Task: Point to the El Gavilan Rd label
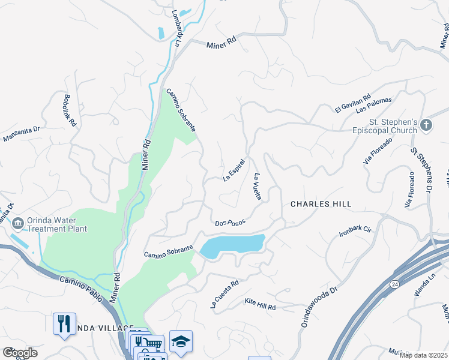[353, 103]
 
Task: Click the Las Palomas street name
[373, 105]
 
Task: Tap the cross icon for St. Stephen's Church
[426, 125]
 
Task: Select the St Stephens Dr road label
[421, 171]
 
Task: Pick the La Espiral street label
[235, 170]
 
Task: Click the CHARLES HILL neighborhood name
[321, 204]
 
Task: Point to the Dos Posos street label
[231, 223]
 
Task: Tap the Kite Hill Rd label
[260, 307]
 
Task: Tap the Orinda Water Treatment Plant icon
[17, 224]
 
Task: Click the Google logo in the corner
[20, 353]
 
